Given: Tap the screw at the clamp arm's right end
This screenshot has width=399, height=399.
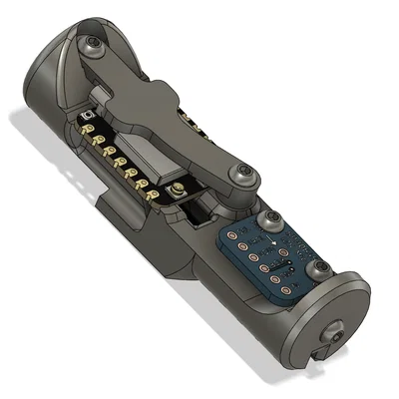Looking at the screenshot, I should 243,178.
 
